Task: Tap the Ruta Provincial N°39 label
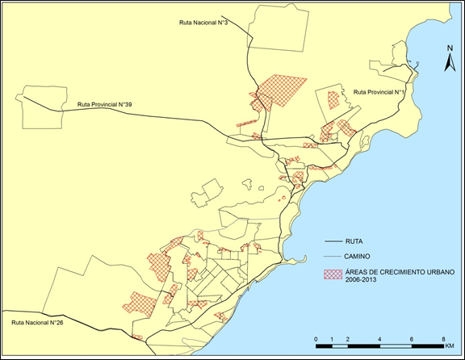point(105,104)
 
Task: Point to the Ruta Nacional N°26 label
point(38,323)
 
